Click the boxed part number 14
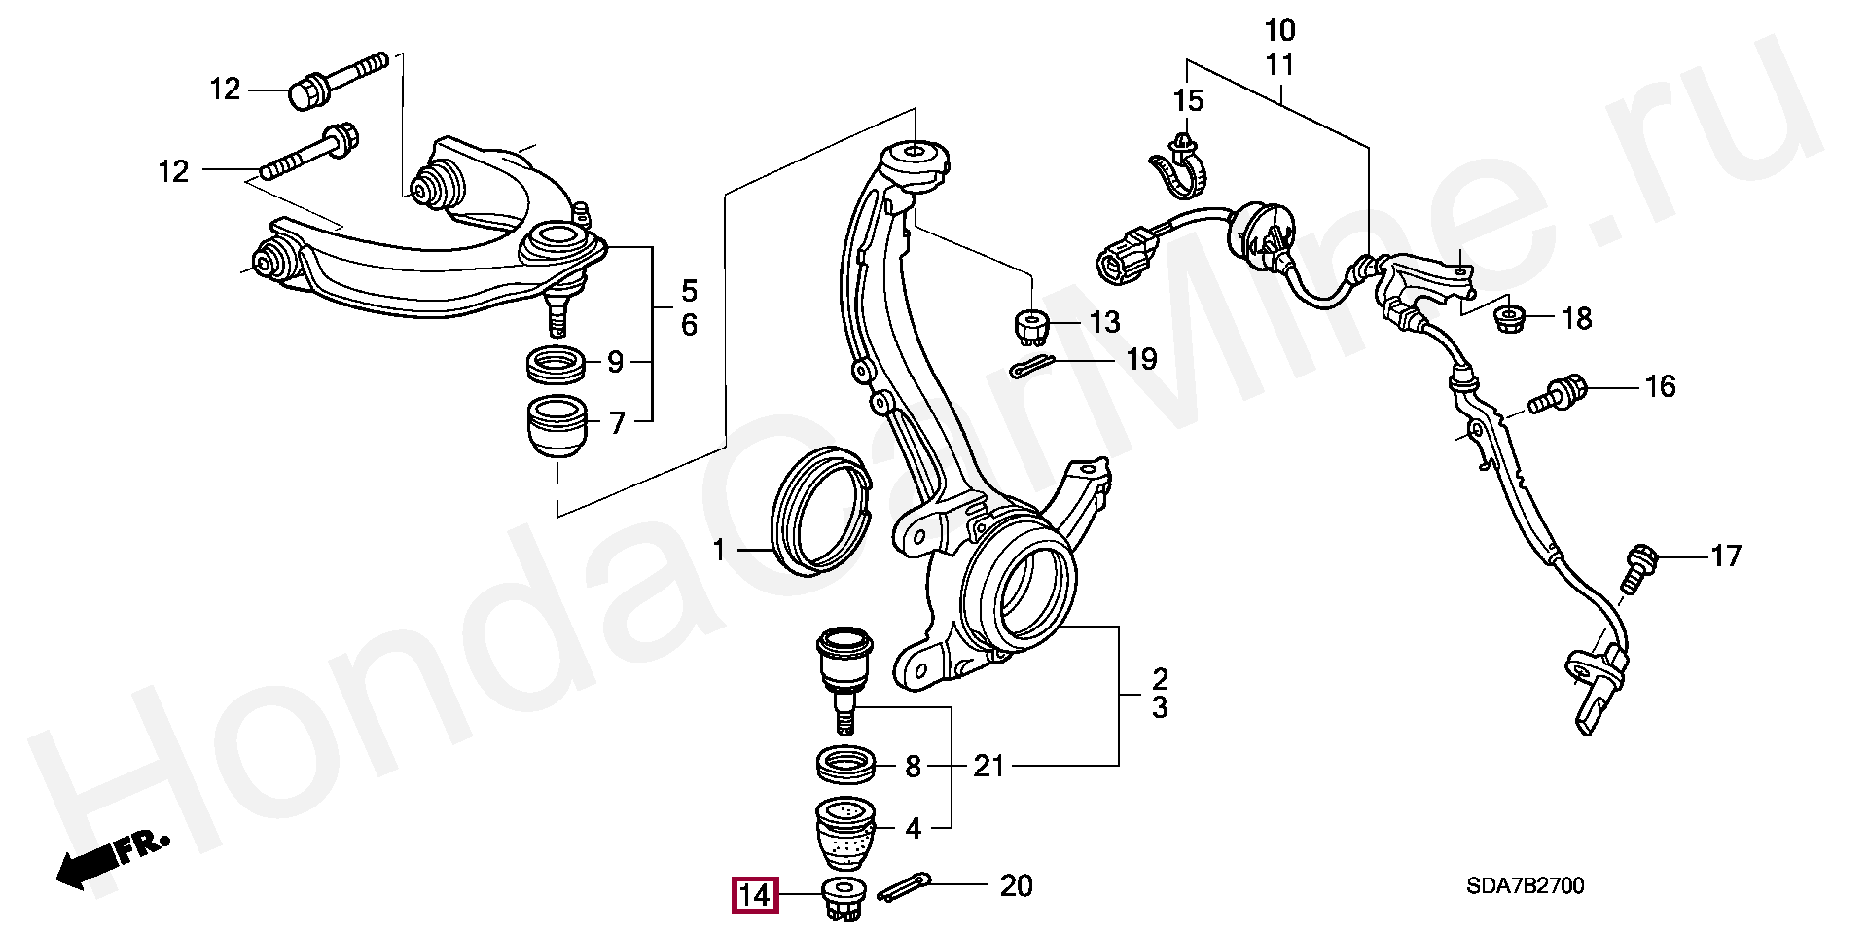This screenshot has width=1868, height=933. click(755, 895)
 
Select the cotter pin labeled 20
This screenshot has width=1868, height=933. click(904, 887)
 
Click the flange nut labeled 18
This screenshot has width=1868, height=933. click(1508, 318)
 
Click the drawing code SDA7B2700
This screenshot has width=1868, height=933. click(1525, 886)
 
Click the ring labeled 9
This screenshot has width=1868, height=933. click(557, 365)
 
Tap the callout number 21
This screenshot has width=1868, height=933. click(988, 767)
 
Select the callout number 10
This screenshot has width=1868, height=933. click(1280, 30)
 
